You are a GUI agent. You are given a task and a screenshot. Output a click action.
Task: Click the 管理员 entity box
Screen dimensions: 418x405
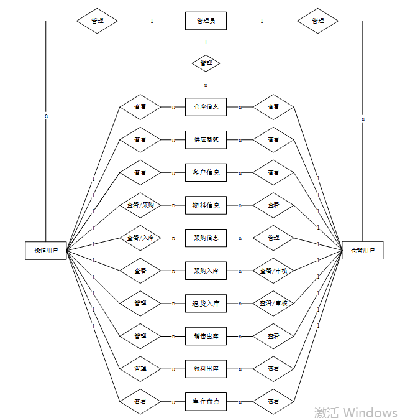pos(206,21)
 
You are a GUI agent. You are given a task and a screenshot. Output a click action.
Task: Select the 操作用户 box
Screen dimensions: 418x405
pos(46,250)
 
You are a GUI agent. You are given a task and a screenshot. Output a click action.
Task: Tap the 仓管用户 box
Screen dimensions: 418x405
pos(363,250)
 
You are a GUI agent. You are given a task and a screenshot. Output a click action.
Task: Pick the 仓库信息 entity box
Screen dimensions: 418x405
pos(206,106)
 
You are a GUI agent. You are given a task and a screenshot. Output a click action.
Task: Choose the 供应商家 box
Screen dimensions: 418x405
pos(206,139)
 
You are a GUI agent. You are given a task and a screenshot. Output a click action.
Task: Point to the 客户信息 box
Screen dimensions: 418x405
pos(206,172)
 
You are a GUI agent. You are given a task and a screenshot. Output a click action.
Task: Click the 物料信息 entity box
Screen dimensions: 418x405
pos(206,205)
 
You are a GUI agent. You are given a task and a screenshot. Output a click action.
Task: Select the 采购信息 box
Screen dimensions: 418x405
pos(206,238)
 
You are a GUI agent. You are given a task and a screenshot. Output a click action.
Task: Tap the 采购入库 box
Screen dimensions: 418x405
pos(206,271)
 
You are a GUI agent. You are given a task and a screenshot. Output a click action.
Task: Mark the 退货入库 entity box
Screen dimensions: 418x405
pos(206,303)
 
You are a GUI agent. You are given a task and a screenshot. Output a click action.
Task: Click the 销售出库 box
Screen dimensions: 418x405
pos(206,336)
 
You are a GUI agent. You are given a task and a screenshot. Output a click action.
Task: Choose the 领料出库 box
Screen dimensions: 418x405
pos(206,368)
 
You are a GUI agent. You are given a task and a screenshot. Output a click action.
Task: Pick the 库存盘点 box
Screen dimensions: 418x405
pos(206,401)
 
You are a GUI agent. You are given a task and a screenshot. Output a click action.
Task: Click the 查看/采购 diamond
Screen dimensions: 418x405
pos(140,205)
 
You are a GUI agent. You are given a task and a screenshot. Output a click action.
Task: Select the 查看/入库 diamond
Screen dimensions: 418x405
pos(140,238)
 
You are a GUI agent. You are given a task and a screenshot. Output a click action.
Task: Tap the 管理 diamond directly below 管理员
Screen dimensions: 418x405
pos(206,63)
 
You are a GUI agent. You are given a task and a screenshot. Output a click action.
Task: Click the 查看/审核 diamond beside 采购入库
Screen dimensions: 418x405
pos(273,271)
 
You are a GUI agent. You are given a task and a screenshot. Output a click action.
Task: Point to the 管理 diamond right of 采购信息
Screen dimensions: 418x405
pos(273,238)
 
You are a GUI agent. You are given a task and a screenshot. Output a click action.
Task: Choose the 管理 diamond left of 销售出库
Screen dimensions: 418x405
pos(140,336)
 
